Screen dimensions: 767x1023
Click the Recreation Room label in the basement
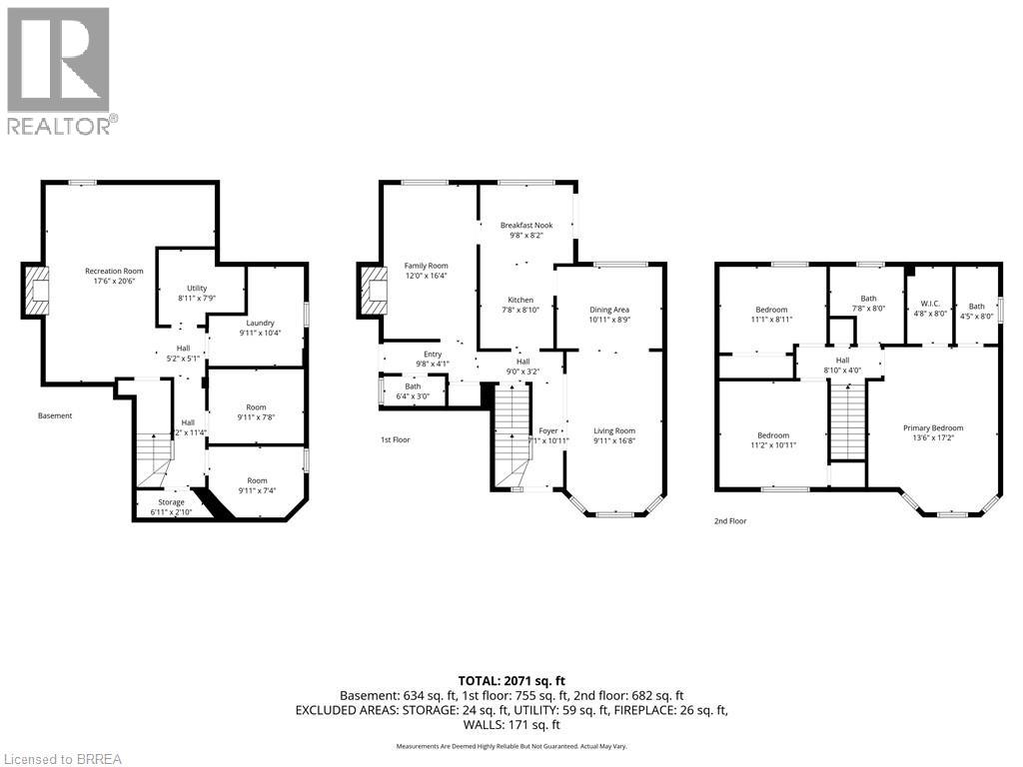tap(114, 271)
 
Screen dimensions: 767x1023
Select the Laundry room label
tap(257, 323)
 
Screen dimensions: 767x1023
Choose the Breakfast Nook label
tap(525, 226)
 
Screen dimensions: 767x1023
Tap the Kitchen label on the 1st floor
tap(519, 300)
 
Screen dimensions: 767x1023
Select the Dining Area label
tap(608, 310)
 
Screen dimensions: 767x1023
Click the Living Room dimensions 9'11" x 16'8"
tap(614, 440)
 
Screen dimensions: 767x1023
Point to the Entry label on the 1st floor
tap(432, 354)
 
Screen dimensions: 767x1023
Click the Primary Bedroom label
tap(933, 428)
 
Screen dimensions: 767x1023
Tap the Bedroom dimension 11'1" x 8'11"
tap(771, 320)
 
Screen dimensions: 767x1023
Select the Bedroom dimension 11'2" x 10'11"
tap(772, 445)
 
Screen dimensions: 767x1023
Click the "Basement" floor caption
tap(55, 415)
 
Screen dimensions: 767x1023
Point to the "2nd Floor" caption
tap(729, 520)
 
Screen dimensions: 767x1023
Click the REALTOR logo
tap(60, 70)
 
